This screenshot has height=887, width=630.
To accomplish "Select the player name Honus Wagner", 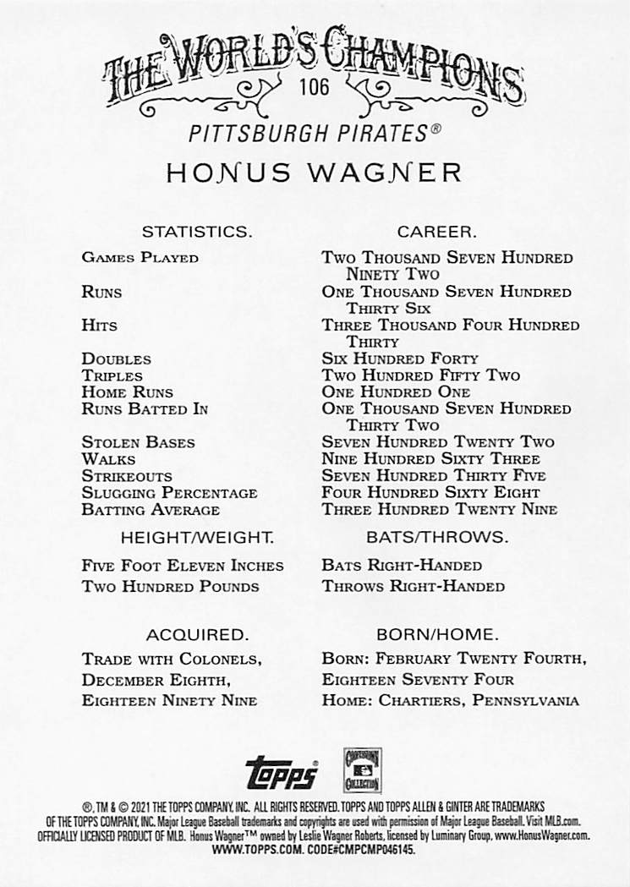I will (314, 172).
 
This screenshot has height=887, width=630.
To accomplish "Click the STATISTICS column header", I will (195, 231).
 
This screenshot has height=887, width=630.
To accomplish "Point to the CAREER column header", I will (437, 231).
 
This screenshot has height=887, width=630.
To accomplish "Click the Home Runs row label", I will (127, 392).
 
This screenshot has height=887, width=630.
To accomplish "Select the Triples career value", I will (420, 375).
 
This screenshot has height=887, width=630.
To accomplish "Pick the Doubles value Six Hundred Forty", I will (400, 359).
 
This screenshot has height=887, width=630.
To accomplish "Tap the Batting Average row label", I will (151, 510).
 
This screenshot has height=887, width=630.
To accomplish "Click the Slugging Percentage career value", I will (430, 493).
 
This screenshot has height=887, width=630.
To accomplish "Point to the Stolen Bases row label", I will (138, 442).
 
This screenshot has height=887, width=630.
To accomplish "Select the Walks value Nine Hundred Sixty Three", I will (430, 459).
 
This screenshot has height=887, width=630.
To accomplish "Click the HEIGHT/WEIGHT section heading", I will (196, 537).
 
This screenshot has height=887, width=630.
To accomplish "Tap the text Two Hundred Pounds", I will (171, 587).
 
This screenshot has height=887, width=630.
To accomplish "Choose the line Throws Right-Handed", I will (413, 587).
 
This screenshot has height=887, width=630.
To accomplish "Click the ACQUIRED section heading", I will (196, 634).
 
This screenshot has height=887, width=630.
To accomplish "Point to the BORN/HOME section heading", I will (437, 634).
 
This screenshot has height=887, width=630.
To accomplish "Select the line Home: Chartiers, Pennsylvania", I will (450, 700).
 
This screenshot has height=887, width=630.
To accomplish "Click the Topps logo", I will (282, 773).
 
